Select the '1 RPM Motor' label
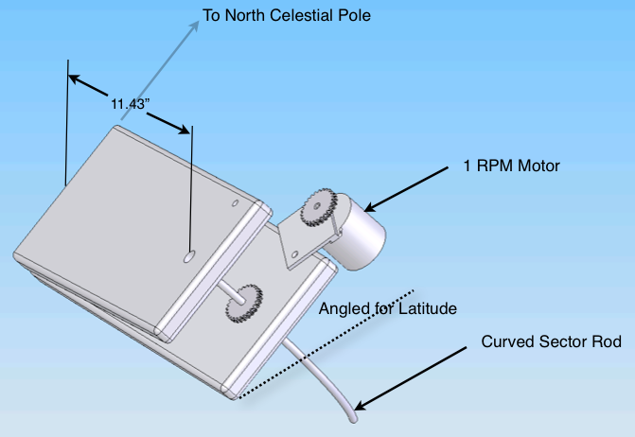click(511, 166)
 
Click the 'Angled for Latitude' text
click(388, 308)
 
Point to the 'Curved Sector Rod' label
click(552, 341)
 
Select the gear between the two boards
click(243, 304)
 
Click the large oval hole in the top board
click(189, 255)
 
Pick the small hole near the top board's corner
click(237, 201)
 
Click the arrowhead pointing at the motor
click(368, 206)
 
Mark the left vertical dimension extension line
click(66, 123)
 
